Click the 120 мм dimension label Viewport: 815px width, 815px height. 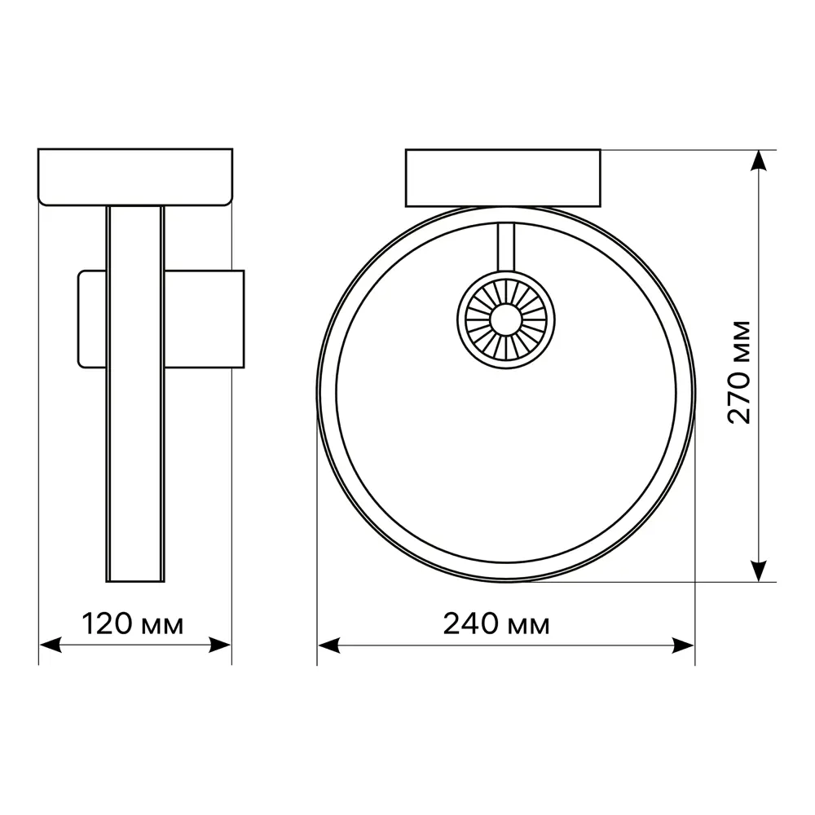point(133,624)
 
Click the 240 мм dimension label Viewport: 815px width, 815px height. point(496,624)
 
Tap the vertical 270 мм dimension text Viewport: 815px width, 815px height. point(739,372)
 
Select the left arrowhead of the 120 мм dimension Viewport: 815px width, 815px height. point(51,645)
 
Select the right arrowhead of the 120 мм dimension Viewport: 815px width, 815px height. point(220,645)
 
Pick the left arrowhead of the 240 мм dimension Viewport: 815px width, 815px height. point(328,646)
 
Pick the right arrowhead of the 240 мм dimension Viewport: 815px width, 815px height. point(683,646)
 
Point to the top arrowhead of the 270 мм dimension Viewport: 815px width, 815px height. point(760,161)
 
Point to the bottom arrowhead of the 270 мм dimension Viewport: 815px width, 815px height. point(760,570)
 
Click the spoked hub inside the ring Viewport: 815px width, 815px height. point(506,319)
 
